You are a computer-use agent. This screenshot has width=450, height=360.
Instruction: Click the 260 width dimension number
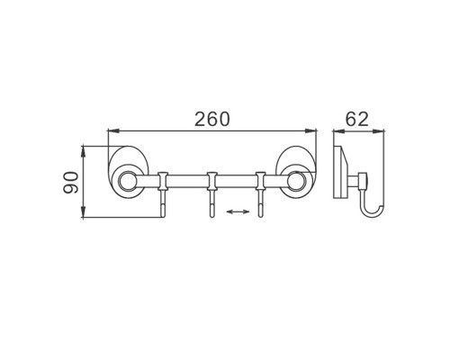pyautogui.click(x=212, y=119)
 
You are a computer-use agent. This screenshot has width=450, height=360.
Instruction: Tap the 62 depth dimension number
pyautogui.click(x=356, y=119)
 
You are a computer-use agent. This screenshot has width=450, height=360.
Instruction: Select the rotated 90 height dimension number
pyautogui.click(x=71, y=183)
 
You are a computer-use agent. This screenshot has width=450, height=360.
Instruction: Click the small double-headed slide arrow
pyautogui.click(x=238, y=211)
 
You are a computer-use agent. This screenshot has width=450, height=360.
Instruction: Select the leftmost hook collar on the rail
pyautogui.click(x=163, y=181)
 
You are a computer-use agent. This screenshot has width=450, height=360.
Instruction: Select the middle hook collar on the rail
pyautogui.click(x=211, y=181)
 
